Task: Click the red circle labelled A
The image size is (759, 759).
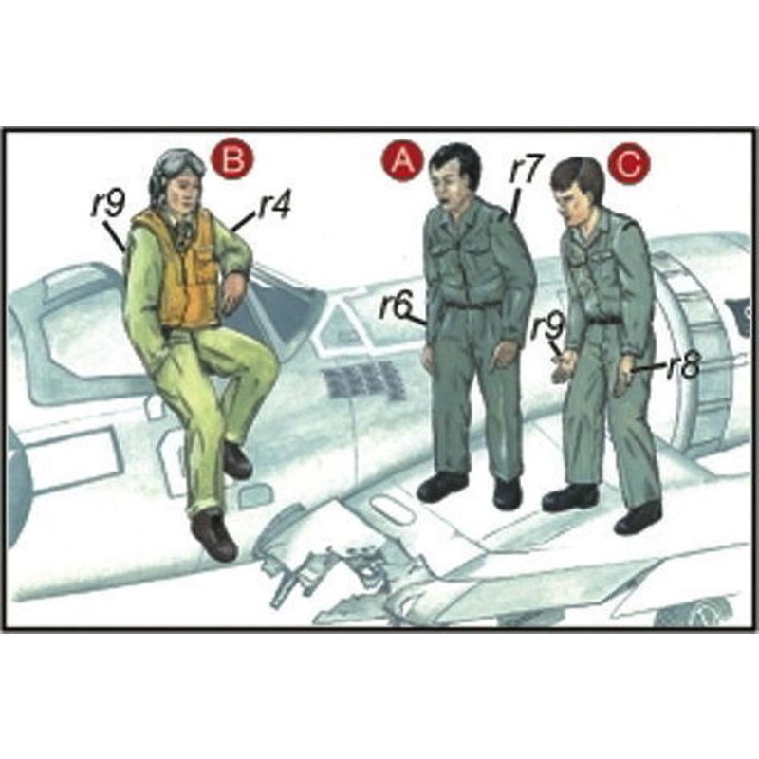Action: click(x=402, y=160)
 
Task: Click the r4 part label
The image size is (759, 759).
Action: click(x=273, y=207)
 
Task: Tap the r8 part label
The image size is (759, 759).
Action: click(x=683, y=367)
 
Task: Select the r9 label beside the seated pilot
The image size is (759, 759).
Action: click(x=108, y=206)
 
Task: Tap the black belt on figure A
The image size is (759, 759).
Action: click(x=472, y=305)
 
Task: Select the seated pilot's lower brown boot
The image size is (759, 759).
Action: click(x=214, y=535)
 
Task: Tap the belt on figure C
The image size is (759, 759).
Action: click(x=602, y=320)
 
